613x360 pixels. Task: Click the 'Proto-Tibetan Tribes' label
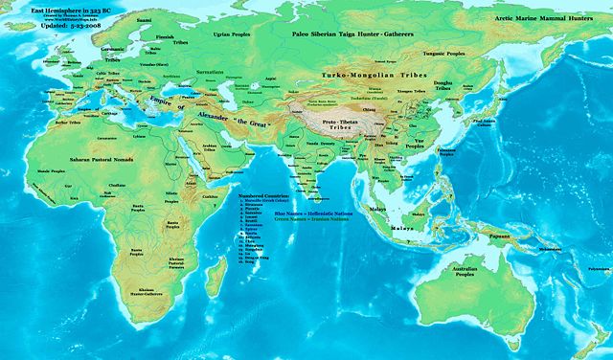pos(334,126)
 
